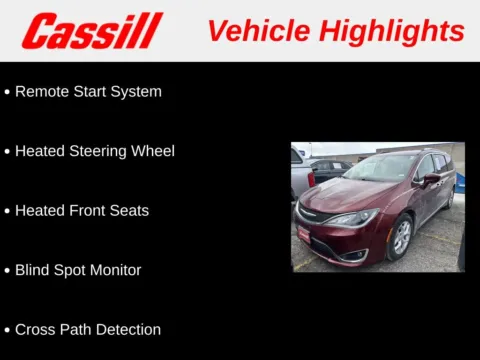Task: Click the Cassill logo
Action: click(x=92, y=31)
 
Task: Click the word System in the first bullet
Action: click(x=136, y=92)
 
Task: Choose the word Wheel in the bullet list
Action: click(x=154, y=151)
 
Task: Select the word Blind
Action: click(x=34, y=270)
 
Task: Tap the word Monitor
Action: click(x=112, y=270)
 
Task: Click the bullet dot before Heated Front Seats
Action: click(x=7, y=211)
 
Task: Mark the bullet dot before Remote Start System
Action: click(x=7, y=92)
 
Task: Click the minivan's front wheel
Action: click(x=400, y=238)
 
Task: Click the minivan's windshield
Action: click(x=379, y=167)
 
